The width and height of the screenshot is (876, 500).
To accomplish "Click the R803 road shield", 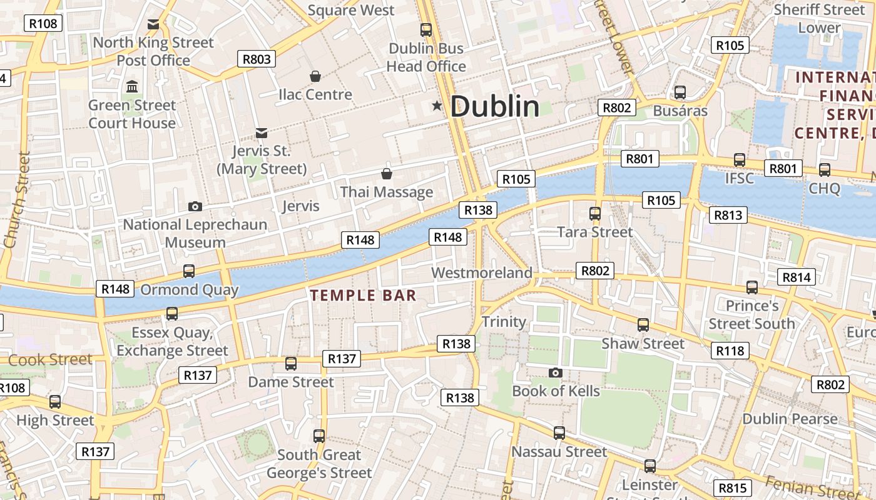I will (257, 59).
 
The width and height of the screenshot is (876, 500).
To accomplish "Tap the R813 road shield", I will (728, 216).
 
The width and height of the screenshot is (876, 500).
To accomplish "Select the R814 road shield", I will (797, 277).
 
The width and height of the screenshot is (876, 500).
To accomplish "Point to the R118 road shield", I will (730, 351).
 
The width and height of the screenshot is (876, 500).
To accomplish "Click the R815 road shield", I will (732, 488).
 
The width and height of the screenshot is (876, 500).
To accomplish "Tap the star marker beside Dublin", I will (437, 106).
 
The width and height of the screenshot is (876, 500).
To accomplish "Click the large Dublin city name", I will (494, 106).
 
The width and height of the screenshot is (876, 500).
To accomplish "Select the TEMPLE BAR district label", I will (364, 295).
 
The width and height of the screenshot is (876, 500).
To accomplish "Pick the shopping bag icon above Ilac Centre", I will (316, 76).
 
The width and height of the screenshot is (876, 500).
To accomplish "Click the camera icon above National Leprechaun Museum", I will (195, 206).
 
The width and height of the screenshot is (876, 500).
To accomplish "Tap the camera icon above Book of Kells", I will (555, 373).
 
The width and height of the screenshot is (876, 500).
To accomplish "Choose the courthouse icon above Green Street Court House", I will (132, 86).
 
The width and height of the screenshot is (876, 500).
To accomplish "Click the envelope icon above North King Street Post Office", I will (153, 25).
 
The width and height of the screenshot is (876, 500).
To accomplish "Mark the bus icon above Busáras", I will (680, 92).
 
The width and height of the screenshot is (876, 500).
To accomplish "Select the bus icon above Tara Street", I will (595, 214).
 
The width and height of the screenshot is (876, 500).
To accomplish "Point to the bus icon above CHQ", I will (825, 169).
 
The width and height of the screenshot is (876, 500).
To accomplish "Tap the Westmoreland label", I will (482, 273).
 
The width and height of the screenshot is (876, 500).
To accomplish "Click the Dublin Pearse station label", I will (790, 419).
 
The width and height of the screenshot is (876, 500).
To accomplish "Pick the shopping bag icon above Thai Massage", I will (387, 174).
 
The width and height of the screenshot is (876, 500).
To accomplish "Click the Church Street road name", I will (16, 199).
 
